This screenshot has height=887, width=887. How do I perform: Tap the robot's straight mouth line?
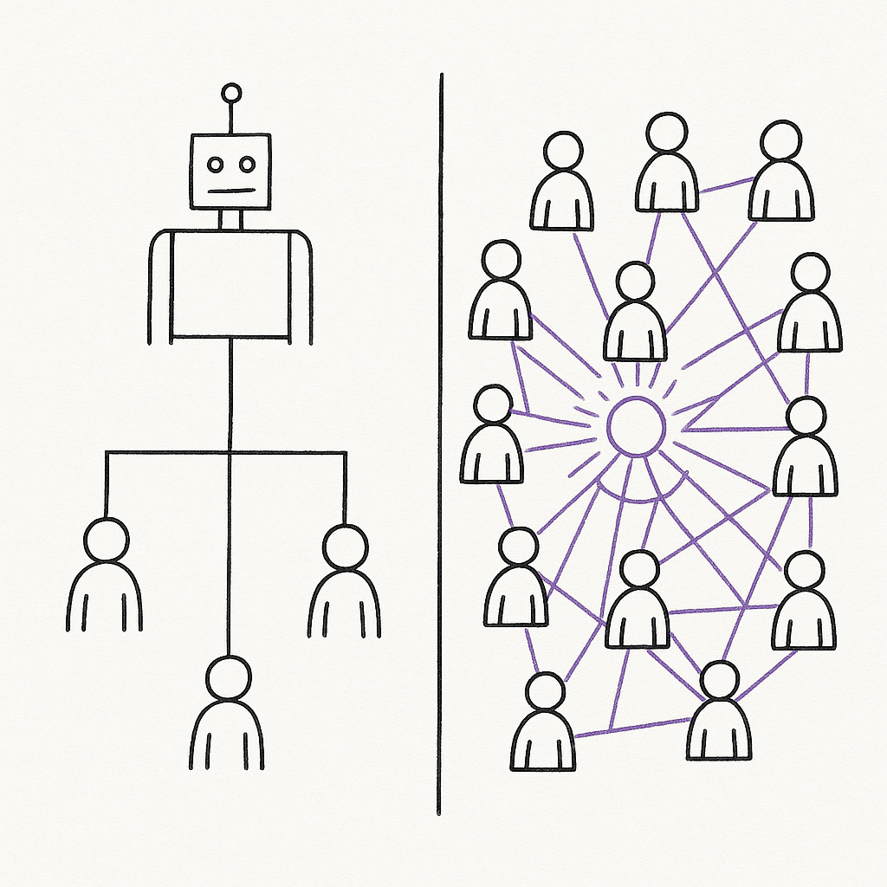[x=231, y=190]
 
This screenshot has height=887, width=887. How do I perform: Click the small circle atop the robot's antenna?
[x=231, y=94]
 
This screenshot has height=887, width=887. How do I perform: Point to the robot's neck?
[x=230, y=219]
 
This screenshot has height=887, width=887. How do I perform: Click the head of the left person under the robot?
[x=106, y=540]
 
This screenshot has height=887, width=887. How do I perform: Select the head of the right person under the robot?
[x=345, y=546]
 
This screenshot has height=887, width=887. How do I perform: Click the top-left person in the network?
[x=562, y=186]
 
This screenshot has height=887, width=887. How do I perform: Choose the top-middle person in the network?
[x=666, y=169]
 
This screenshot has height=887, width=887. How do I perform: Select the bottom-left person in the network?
[x=543, y=728]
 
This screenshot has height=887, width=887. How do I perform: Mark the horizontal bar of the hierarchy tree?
[x=226, y=451]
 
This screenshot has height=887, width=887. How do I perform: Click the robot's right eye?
[x=247, y=164]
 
